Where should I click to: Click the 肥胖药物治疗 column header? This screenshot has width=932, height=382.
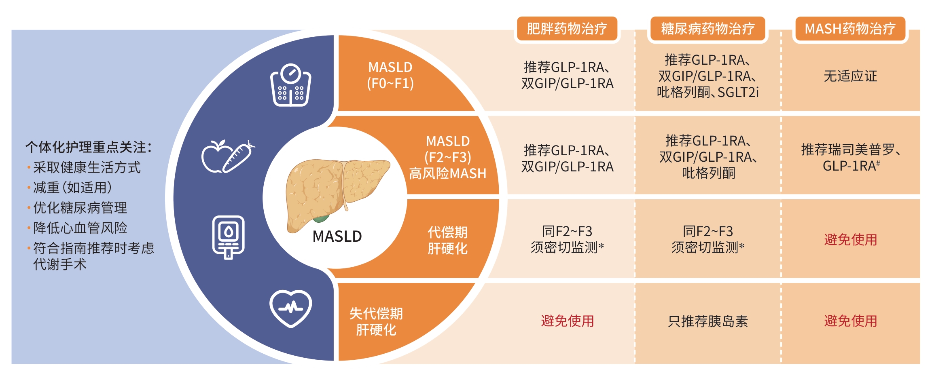click(567, 29)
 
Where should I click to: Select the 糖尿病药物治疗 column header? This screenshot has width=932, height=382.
click(707, 29)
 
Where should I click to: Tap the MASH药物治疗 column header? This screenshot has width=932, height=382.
click(850, 29)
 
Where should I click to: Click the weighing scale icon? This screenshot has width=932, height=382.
click(290, 85)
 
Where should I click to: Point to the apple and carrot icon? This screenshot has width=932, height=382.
click(228, 157)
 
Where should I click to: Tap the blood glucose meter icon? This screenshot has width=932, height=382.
click(229, 237)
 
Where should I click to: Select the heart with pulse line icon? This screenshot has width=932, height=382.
click(290, 308)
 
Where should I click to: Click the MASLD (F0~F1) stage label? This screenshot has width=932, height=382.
click(390, 75)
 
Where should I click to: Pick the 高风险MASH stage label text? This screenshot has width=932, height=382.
click(447, 174)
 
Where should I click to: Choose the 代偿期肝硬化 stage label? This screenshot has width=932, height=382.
click(447, 240)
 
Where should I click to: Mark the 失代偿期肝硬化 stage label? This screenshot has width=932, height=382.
click(376, 321)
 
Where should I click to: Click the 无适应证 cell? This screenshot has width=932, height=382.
click(850, 76)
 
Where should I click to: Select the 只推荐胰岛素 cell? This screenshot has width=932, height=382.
click(707, 321)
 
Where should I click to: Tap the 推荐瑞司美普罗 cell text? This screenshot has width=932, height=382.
click(850, 150)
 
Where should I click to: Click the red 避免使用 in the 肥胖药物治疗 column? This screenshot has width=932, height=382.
click(567, 321)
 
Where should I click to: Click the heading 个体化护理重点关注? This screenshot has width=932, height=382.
click(88, 147)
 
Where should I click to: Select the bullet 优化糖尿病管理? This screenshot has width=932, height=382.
click(80, 208)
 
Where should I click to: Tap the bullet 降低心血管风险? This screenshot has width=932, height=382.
click(80, 228)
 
